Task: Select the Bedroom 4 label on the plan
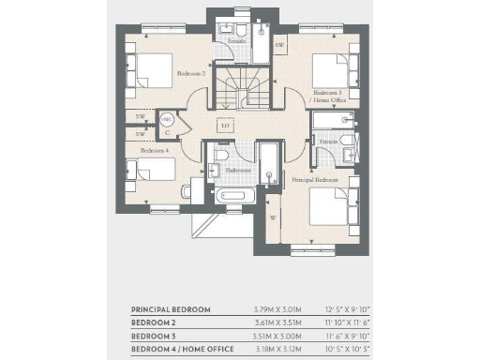tap(155, 150)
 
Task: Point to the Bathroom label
tap(236, 171)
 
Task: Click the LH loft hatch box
tap(225, 125)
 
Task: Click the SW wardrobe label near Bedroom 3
tap(279, 44)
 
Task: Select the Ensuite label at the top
tap(236, 41)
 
